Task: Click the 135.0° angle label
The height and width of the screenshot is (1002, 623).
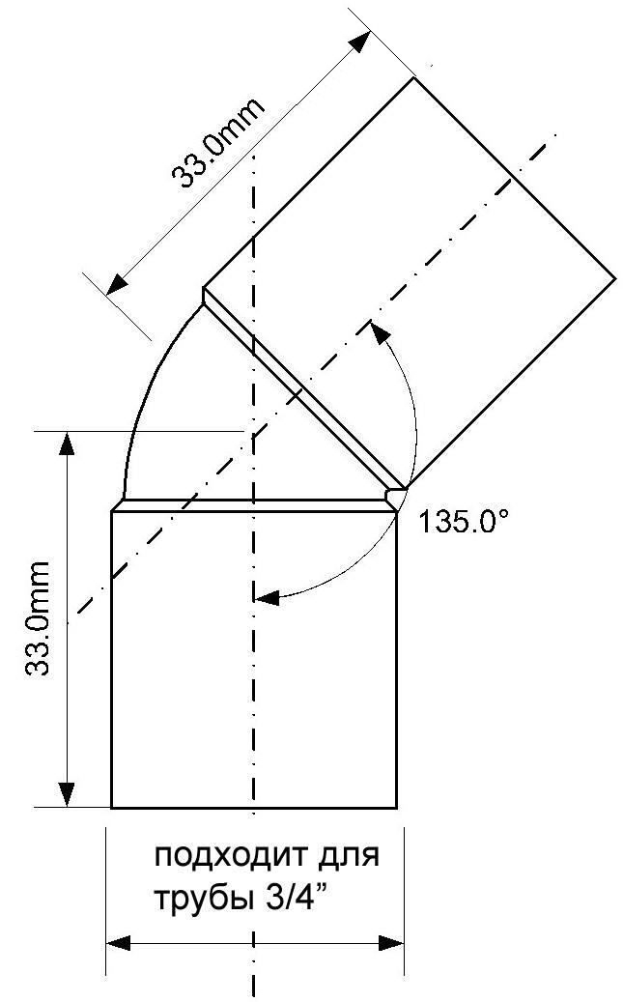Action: pyautogui.click(x=465, y=522)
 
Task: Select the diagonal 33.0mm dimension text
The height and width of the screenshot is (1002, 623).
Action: pyautogui.click(x=217, y=143)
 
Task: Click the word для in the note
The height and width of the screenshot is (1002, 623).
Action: pyautogui.click(x=349, y=857)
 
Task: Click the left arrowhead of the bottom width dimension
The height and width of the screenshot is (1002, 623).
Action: pyautogui.click(x=118, y=942)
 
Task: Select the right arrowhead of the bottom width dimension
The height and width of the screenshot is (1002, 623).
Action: pyautogui.click(x=391, y=942)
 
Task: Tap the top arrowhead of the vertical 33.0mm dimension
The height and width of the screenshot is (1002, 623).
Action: pyautogui.click(x=67, y=444)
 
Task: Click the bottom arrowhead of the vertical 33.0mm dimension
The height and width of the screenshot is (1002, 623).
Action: pyautogui.click(x=67, y=795)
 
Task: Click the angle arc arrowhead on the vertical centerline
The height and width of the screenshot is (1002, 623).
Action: pyautogui.click(x=268, y=598)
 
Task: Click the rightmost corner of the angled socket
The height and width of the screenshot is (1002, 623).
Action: pyautogui.click(x=616, y=278)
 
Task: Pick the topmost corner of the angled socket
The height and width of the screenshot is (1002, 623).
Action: pyautogui.click(x=414, y=78)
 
